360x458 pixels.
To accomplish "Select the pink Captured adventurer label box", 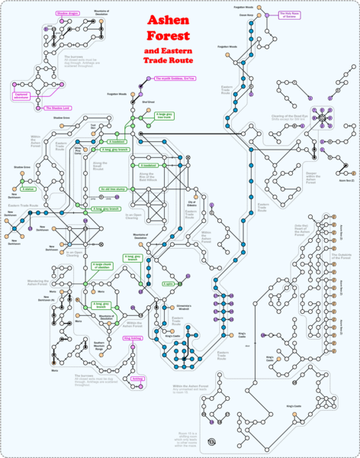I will (22, 95).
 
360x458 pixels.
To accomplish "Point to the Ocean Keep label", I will (246, 15).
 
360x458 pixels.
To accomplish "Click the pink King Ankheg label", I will (131, 337).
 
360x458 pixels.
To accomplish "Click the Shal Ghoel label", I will (148, 102).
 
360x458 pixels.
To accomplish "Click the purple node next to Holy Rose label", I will (272, 13).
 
